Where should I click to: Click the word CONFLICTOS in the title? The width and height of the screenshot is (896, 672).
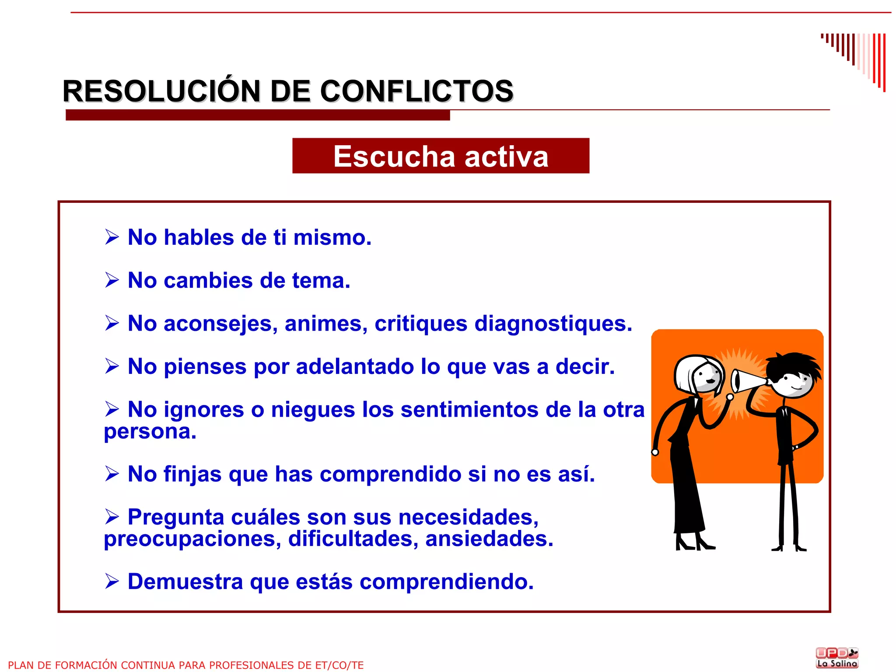tap(416, 91)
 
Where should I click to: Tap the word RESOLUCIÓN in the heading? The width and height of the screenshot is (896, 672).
tap(161, 91)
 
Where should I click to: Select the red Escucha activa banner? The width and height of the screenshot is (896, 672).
tap(441, 156)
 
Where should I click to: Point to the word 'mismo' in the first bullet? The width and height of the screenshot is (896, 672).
tap(332, 237)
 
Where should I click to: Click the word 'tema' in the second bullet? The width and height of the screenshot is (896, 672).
tap(321, 280)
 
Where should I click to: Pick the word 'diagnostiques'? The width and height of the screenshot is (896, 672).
tap(553, 324)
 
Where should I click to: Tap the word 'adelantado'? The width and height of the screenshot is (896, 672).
tap(355, 366)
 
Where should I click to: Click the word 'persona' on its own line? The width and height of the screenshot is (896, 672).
tap(150, 432)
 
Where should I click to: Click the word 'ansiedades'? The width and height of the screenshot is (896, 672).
tap(489, 539)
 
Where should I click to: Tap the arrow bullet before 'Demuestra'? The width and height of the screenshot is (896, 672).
tap(112, 581)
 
